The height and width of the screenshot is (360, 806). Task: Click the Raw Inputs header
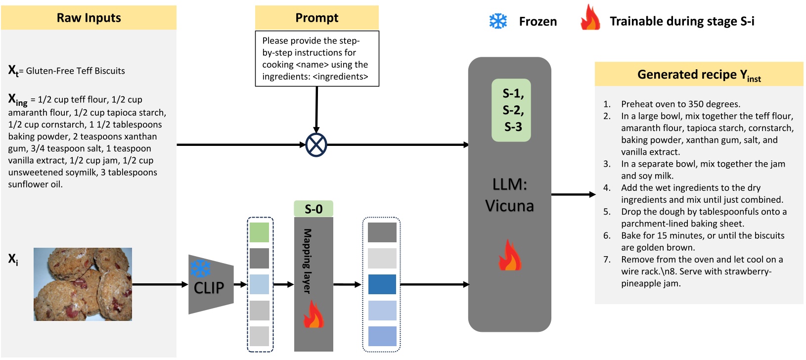(x=89, y=18)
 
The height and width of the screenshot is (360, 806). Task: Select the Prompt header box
(x=317, y=18)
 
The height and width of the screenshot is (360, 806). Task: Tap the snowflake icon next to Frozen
(x=498, y=21)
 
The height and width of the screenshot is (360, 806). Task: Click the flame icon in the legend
(x=590, y=18)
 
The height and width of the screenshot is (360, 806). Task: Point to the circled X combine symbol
(x=316, y=145)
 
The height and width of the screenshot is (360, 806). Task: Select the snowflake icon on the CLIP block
(x=200, y=269)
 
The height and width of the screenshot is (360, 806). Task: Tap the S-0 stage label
(x=313, y=209)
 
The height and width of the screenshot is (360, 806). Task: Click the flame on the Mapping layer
(x=313, y=315)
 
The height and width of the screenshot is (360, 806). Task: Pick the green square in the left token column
(x=259, y=232)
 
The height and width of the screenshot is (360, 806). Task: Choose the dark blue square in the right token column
(x=382, y=284)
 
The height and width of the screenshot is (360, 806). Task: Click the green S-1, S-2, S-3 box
(x=511, y=110)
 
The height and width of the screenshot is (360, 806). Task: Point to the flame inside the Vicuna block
(x=510, y=256)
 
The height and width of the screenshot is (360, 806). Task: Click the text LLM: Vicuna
(x=510, y=195)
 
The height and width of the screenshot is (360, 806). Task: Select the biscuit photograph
(x=83, y=284)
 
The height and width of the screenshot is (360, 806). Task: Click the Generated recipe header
(x=699, y=75)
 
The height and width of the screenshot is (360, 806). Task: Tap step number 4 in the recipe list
(x=607, y=188)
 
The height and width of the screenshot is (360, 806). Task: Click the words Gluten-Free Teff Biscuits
(x=75, y=71)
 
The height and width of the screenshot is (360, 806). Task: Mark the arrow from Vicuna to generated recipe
(x=574, y=194)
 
